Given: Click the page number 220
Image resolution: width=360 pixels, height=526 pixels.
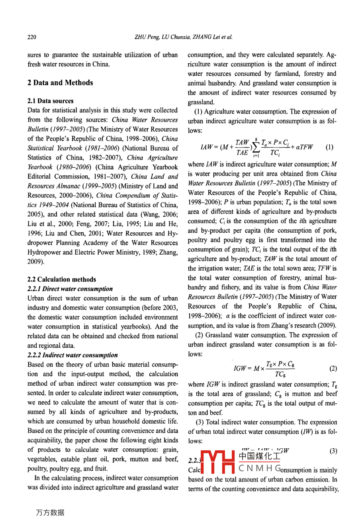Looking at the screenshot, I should point(32,37).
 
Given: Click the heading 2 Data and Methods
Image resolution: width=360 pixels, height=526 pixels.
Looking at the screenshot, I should point(60,83).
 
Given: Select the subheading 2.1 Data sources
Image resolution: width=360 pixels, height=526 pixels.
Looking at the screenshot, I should point(50,101).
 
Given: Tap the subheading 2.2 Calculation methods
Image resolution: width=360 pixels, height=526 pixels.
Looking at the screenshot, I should point(61,279).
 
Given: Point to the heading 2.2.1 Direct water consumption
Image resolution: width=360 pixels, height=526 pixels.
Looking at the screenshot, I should point(70,289).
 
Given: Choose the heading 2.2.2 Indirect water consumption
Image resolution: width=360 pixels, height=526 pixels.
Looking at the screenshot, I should point(72,355).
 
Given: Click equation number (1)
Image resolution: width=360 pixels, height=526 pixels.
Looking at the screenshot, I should point(329,147).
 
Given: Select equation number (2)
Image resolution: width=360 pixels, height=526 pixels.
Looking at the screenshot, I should point(333,369).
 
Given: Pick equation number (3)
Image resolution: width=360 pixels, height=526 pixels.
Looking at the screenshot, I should point(333,451).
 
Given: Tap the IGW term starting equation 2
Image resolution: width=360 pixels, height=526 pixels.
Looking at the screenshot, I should point(241,369).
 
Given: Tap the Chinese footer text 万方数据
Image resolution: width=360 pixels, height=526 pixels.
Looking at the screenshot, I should point(50,512).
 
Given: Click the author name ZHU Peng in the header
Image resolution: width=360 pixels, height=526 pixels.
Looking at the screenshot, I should point(147,37).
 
